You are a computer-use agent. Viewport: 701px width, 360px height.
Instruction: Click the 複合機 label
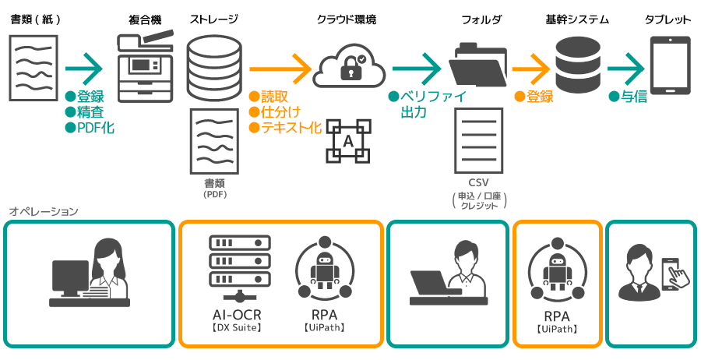click(144, 19)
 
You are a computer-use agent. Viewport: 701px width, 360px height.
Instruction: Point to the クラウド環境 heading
click(347, 19)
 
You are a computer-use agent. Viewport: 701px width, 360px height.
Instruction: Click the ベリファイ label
click(431, 97)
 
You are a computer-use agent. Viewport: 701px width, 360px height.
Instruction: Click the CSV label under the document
click(479, 182)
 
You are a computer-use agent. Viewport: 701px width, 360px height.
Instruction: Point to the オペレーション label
click(44, 211)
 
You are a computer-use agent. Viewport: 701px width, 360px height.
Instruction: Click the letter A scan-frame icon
click(347, 141)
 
